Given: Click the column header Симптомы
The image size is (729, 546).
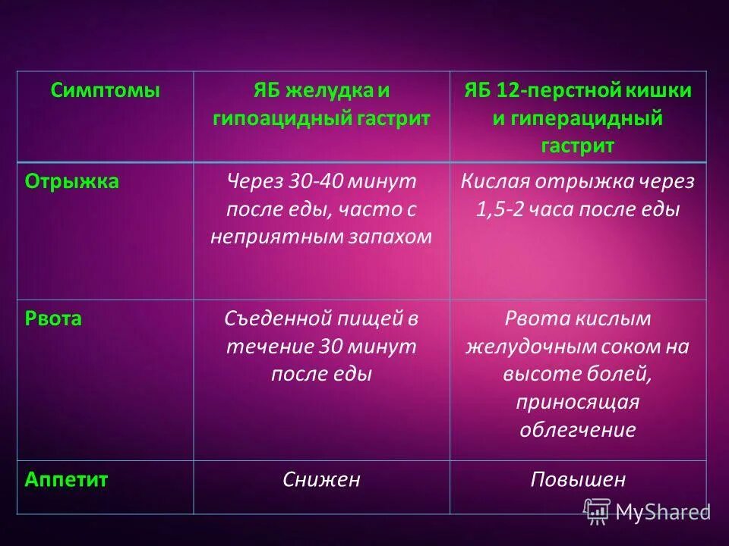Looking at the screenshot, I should tap(106, 91).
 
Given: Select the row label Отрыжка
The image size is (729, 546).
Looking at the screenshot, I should tap(72, 182).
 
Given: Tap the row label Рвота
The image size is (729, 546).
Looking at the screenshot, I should tap(53, 318).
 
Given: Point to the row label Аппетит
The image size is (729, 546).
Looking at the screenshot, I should tap(67, 479).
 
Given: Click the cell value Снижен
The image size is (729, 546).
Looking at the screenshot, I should tap(321, 479).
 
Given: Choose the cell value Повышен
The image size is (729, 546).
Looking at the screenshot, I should tap(578, 479).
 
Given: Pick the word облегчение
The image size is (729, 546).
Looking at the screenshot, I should tap(578, 429).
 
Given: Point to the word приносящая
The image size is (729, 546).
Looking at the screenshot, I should tap(578, 402).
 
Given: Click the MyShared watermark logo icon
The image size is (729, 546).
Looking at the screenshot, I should tap(597, 510).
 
